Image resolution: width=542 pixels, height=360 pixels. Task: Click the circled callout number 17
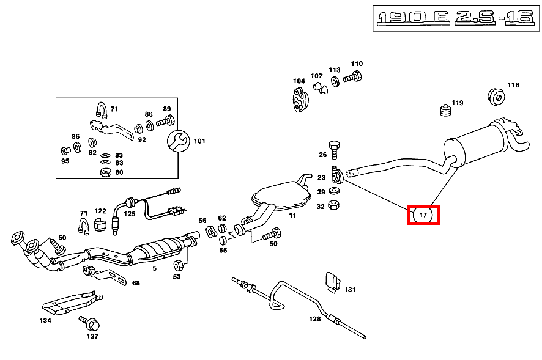423,215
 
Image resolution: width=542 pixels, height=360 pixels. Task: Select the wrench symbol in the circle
179,141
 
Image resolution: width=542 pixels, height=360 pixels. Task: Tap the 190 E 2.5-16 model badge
456,18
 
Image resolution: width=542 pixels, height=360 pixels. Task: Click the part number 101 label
199,141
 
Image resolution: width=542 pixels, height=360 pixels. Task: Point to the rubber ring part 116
496,97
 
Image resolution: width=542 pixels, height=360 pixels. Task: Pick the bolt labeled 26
334,149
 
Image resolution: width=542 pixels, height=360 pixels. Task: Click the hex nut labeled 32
333,205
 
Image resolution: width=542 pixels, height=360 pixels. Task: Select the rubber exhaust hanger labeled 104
300,100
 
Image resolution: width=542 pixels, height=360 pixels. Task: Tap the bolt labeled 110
352,77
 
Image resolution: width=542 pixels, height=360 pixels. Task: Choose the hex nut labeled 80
105,172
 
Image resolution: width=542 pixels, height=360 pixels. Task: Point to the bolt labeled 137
89,323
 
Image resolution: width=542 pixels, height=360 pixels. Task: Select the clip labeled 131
333,282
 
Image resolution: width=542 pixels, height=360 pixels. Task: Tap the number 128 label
315,319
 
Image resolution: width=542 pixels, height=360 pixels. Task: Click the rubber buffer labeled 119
445,110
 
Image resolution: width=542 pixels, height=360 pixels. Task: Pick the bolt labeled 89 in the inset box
165,121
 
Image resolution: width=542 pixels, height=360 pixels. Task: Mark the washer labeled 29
334,190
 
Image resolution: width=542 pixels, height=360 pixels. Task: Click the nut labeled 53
179,265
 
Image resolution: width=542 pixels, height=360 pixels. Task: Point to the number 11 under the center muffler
293,215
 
